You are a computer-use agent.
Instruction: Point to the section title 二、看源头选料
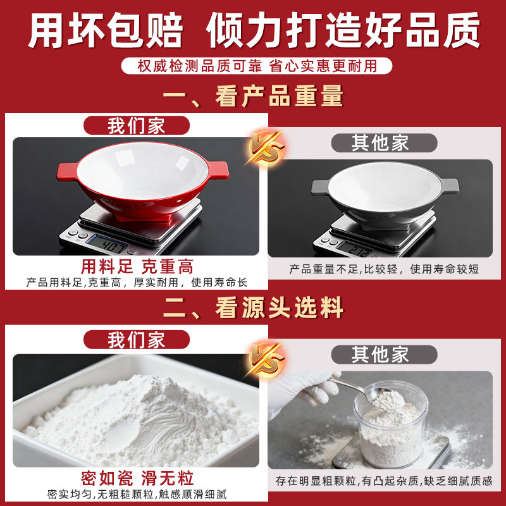coord(253,308)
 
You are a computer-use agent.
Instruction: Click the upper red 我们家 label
coord(135,125)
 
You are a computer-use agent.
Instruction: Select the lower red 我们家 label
coord(135,340)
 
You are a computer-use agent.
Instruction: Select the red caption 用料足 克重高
coord(137,266)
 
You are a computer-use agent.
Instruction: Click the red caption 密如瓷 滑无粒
coord(137,477)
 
